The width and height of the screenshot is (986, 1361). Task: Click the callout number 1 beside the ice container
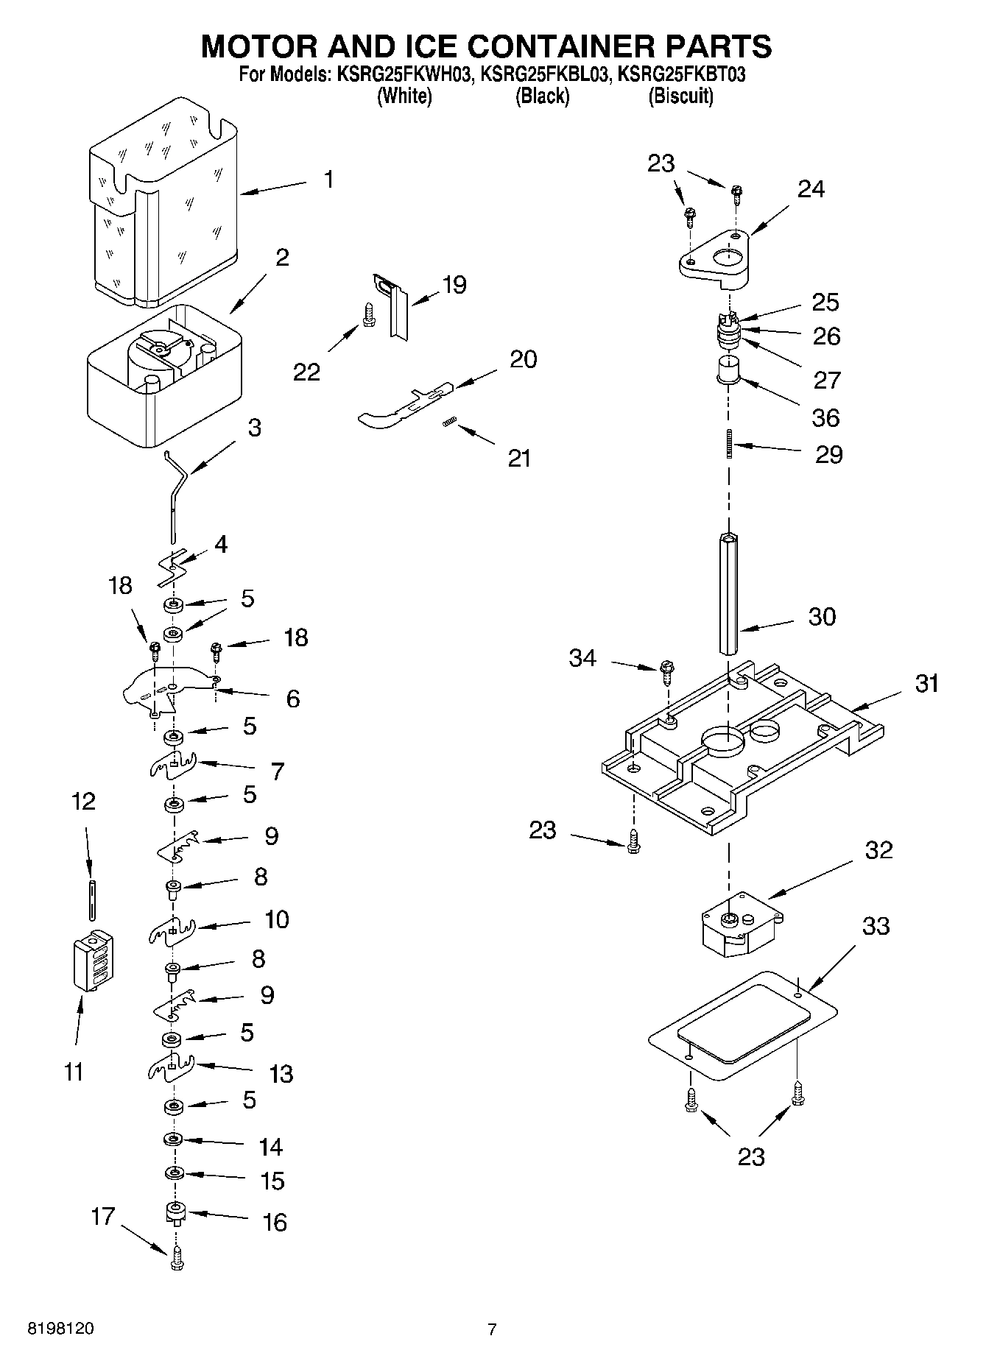coord(328,179)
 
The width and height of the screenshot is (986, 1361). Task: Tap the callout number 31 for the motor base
coord(926,683)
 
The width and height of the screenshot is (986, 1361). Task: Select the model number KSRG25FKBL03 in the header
coord(543,74)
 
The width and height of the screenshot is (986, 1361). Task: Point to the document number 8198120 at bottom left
coord(60,1329)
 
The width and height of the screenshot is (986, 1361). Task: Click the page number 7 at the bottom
coord(492,1329)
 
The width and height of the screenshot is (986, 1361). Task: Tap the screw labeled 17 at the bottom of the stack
coord(176,1262)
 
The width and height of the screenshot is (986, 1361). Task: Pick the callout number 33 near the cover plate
coord(876,926)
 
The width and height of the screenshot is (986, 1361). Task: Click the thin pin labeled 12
coord(91,898)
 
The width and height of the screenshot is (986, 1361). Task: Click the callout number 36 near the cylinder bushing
coord(825,417)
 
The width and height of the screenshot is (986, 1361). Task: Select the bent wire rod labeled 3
coord(176,501)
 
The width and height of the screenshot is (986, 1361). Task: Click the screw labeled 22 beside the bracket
coord(367,317)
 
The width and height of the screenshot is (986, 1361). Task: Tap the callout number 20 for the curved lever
coord(523,359)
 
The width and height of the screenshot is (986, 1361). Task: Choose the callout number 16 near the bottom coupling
coord(275,1222)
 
